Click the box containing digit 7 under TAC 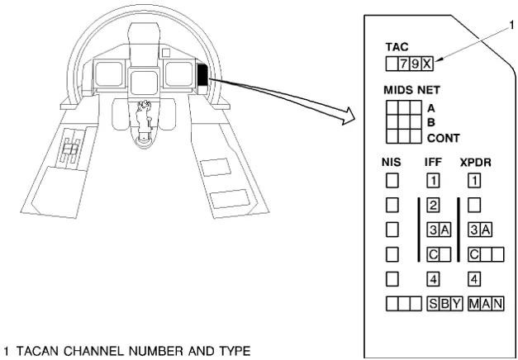[x=404, y=64]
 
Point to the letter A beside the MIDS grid [x=431, y=107]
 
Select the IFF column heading [x=433, y=163]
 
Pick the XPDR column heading [x=476, y=163]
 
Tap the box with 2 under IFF [x=432, y=204]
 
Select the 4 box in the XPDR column [x=474, y=279]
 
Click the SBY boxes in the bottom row [x=444, y=303]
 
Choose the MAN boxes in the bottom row [x=486, y=303]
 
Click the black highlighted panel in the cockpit [x=202, y=76]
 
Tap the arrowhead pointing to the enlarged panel [x=347, y=121]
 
